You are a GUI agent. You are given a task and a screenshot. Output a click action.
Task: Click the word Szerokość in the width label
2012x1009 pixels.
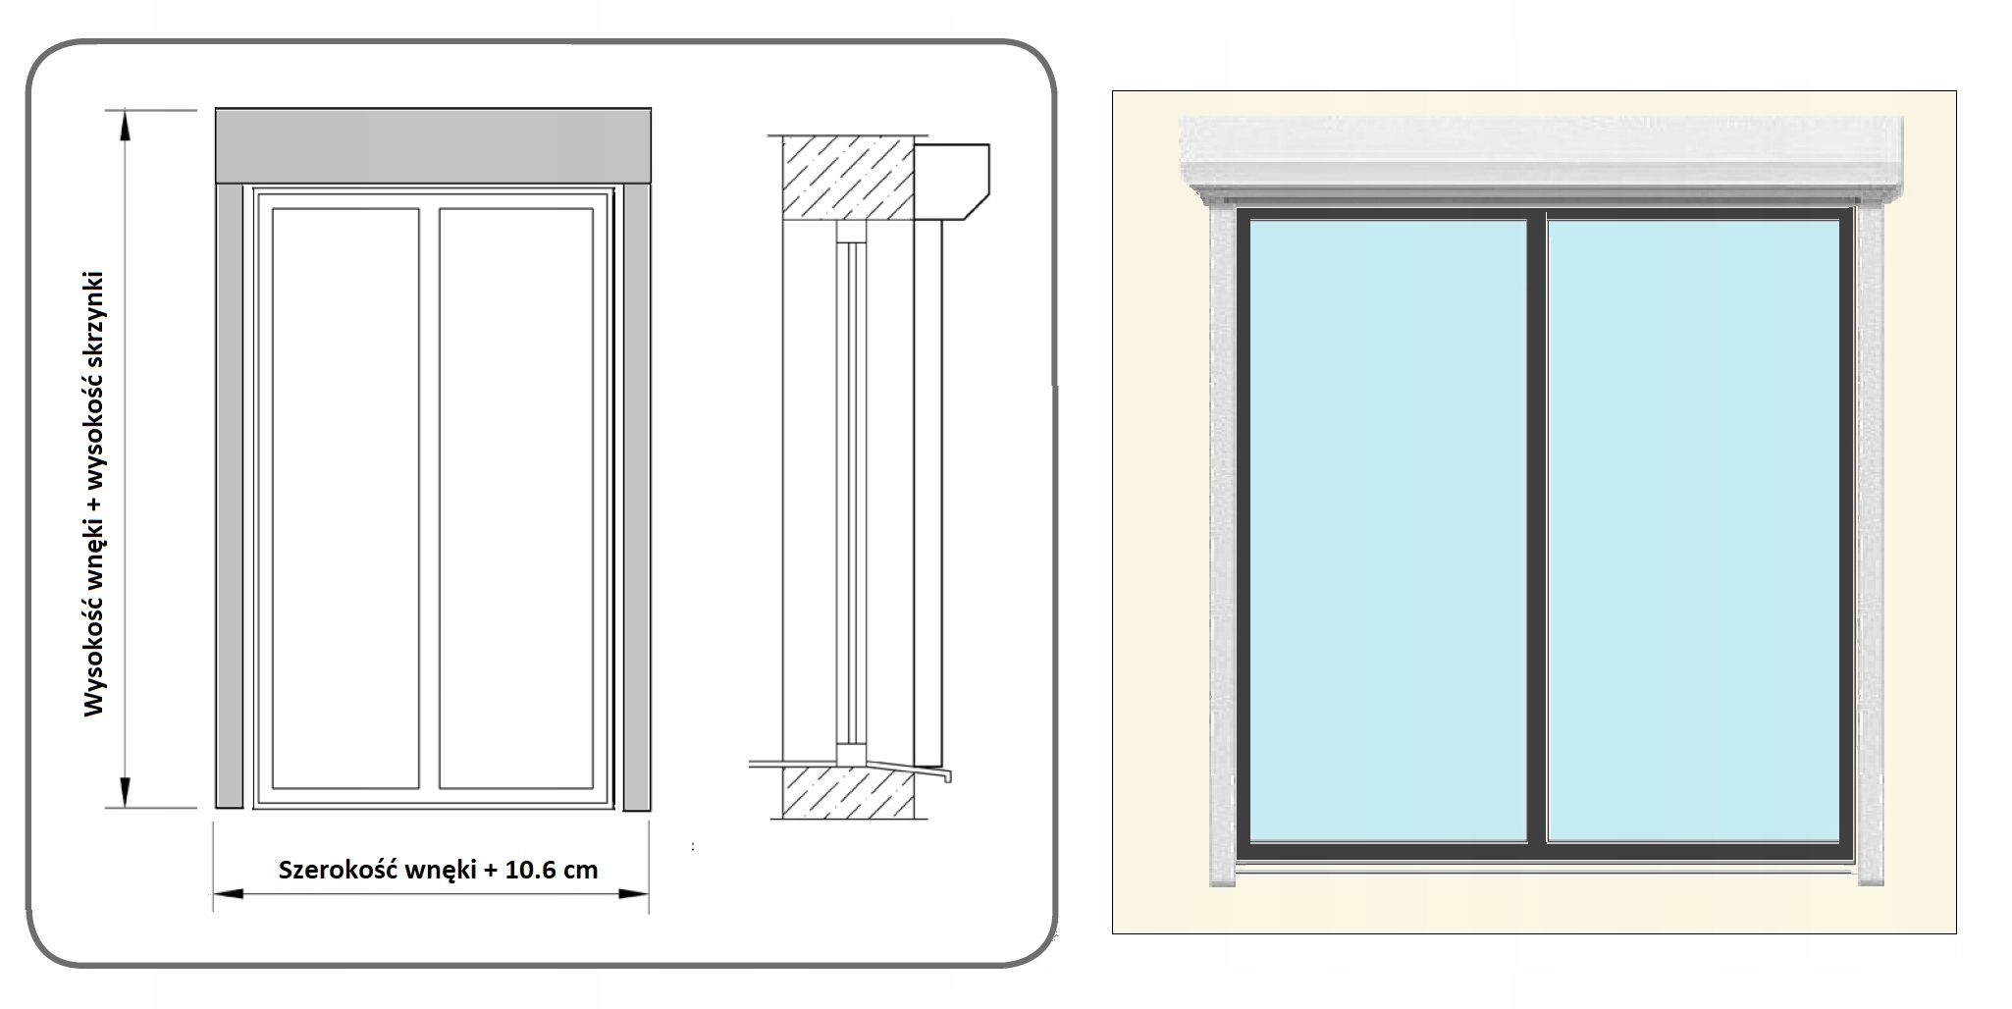(x=337, y=870)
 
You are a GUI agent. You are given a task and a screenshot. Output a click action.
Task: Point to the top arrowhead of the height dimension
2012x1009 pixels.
(x=125, y=124)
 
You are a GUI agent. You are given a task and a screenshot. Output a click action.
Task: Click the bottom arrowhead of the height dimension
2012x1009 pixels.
(x=125, y=793)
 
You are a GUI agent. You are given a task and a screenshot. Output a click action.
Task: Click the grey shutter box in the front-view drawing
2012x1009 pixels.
(x=433, y=145)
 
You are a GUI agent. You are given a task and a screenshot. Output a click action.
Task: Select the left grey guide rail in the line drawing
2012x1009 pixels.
(x=229, y=497)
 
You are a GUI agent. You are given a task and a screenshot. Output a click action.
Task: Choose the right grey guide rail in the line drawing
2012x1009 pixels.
(x=636, y=497)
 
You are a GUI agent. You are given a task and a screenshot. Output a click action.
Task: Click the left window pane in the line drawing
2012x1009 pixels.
(x=345, y=497)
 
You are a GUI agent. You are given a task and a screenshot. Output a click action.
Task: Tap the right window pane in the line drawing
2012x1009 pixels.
(x=516, y=497)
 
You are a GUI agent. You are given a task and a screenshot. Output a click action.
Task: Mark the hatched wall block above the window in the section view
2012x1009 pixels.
(x=848, y=178)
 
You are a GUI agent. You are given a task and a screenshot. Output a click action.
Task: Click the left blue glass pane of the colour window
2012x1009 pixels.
(x=1388, y=530)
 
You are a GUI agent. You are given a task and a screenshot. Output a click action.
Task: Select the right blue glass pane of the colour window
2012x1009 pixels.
(x=1693, y=530)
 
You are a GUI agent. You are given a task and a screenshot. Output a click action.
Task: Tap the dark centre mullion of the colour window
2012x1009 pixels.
(x=1537, y=530)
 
